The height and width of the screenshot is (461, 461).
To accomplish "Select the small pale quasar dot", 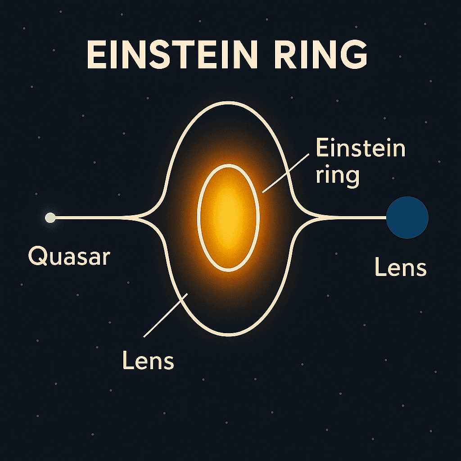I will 50,218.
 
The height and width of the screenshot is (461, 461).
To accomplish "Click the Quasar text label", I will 69,257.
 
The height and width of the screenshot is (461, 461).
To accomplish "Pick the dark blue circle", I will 407,217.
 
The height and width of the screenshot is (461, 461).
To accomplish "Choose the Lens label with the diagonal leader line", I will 148,361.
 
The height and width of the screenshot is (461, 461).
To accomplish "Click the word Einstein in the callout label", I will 360,149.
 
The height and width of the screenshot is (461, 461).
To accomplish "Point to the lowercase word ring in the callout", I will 337,176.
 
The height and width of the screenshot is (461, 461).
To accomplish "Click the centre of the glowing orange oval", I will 228,218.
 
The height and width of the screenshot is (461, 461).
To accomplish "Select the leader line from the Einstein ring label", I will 285,173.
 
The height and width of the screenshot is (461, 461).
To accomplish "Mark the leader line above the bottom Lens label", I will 166,315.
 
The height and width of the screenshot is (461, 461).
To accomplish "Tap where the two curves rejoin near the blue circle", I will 321,218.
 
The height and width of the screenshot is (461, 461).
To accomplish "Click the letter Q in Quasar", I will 36,257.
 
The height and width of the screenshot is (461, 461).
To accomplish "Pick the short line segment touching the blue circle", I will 356,218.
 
